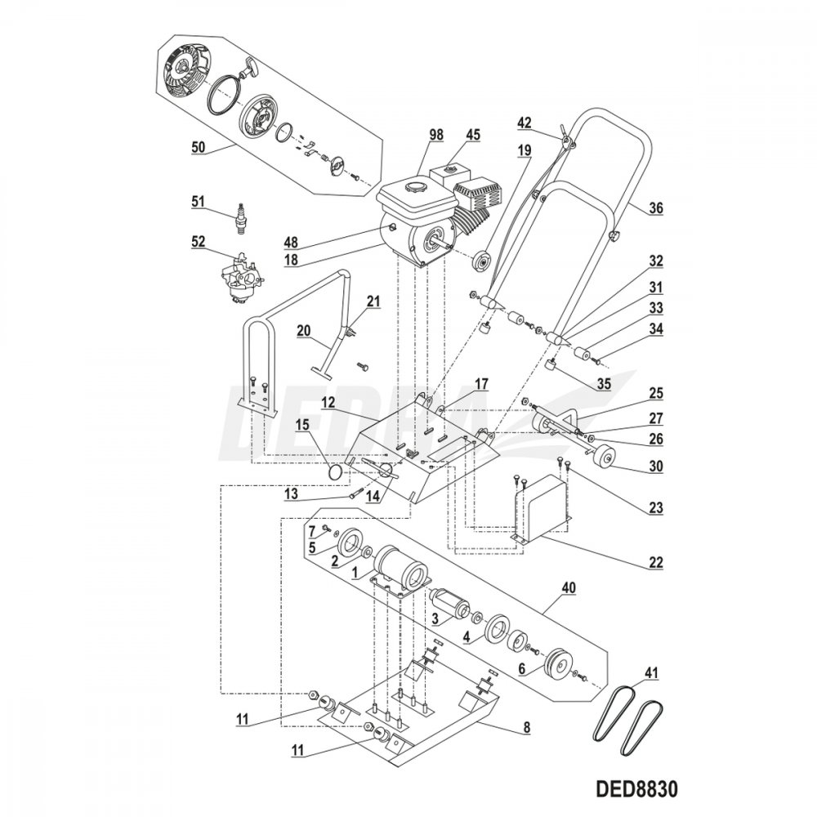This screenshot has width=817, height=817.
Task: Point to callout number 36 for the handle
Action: click(x=656, y=208)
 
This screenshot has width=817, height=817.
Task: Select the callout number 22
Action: click(x=655, y=562)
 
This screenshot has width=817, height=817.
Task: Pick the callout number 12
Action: click(x=328, y=403)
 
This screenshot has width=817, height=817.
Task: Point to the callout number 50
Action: click(x=196, y=147)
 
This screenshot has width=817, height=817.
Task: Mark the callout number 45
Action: click(x=471, y=134)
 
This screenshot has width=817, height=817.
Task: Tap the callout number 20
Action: click(x=302, y=330)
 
